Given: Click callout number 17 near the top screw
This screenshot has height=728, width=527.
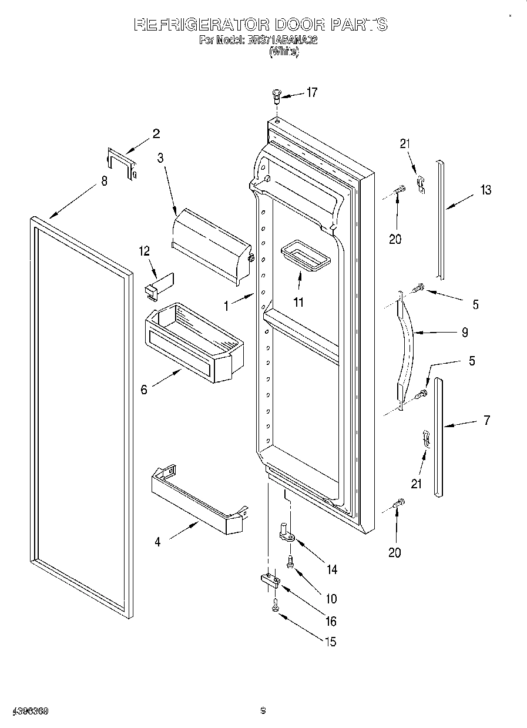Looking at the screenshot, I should tap(311, 92).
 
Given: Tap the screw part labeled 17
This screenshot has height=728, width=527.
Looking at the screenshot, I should tap(277, 95).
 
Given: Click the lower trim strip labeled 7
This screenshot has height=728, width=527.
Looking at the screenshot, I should tap(438, 438).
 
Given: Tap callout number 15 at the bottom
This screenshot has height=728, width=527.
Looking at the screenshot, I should tap(331, 642).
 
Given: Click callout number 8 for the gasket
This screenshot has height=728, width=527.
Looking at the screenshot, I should tap(104, 181).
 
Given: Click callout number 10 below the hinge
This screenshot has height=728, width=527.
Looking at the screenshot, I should tap(331, 599).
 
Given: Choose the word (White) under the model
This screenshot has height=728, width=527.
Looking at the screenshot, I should tap(284, 52).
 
